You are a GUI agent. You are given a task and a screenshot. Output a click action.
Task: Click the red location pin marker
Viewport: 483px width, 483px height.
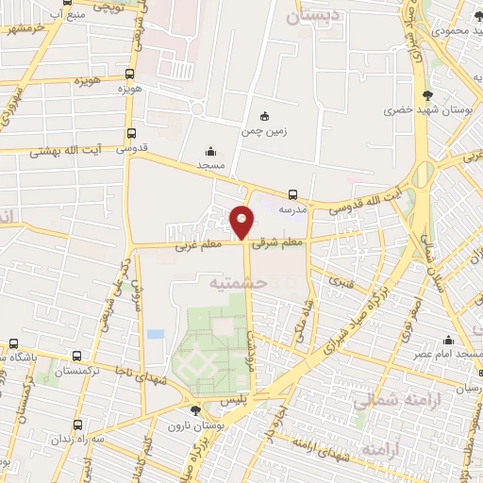click(x=241, y=223)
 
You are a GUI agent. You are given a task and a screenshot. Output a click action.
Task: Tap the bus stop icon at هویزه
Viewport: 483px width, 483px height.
click(x=129, y=73)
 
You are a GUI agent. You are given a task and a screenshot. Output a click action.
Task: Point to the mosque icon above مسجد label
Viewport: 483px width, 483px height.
click(x=209, y=149)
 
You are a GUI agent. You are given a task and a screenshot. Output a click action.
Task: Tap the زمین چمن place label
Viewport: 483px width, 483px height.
click(x=264, y=133)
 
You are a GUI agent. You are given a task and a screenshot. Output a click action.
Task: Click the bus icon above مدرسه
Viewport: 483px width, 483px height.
click(x=293, y=196)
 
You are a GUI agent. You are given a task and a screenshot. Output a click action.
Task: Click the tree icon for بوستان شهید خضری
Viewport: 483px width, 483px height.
click(x=428, y=94)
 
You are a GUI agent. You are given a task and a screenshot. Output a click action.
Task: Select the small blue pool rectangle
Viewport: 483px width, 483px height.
click(x=156, y=334)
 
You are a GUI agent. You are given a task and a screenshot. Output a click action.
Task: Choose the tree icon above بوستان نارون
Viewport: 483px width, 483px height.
click(x=195, y=410)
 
